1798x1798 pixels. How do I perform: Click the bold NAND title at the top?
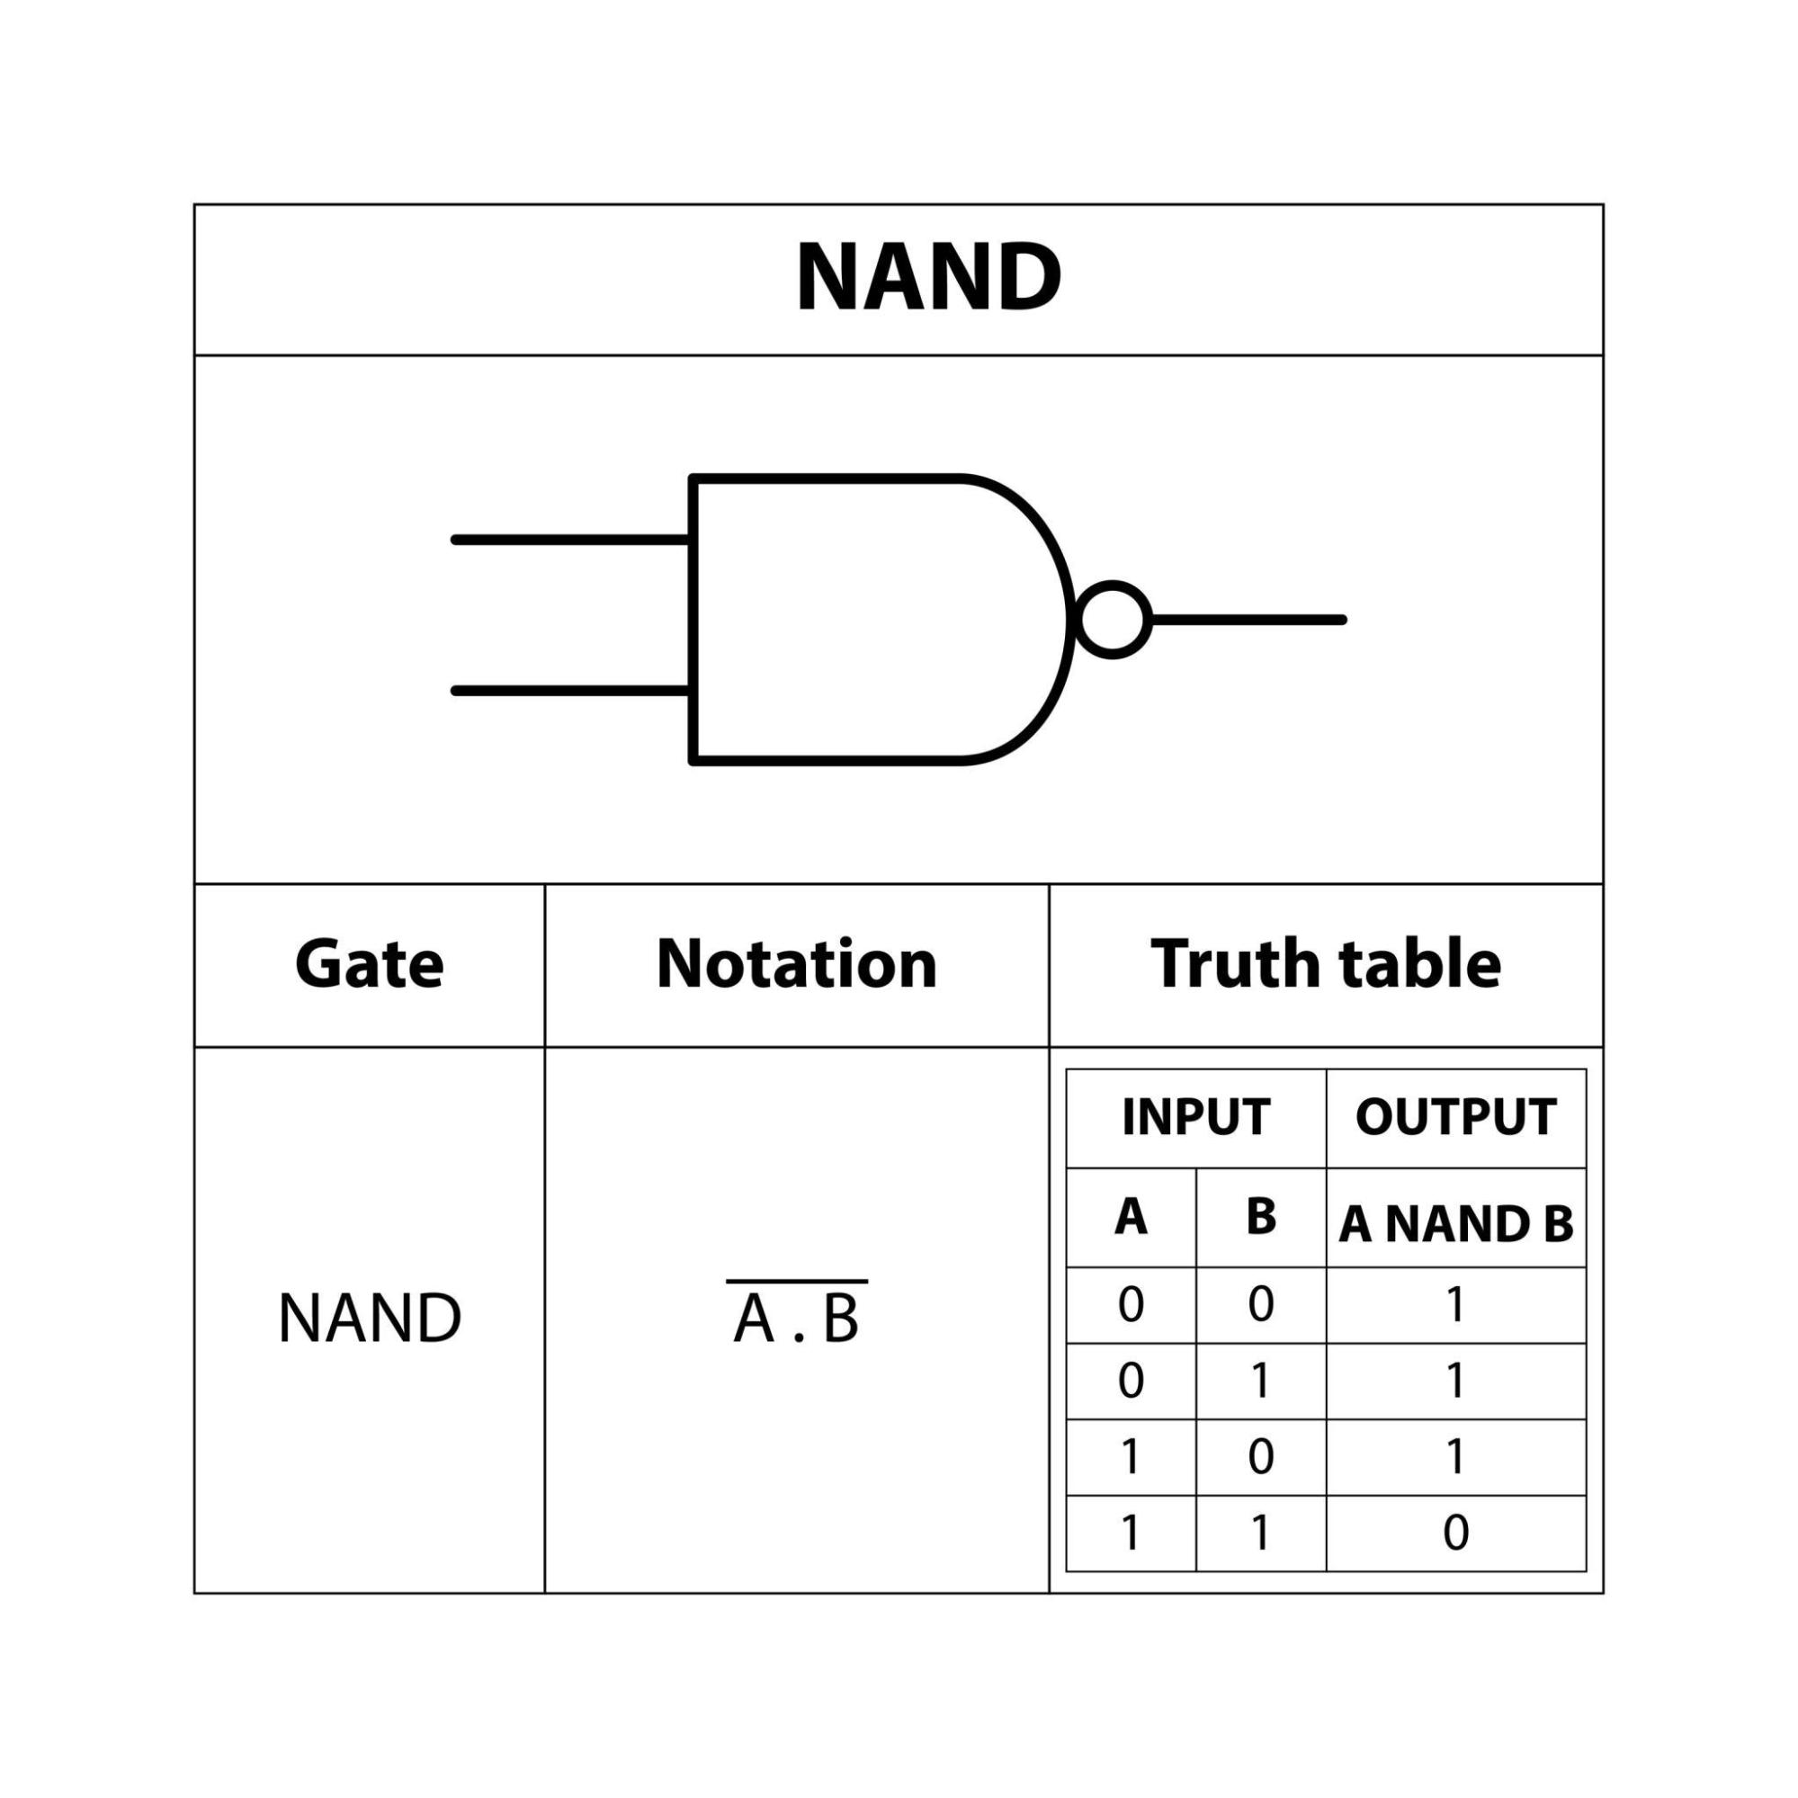pyautogui.click(x=928, y=277)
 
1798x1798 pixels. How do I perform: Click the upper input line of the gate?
pyautogui.click(x=570, y=540)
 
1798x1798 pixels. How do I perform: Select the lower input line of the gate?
pyautogui.click(x=570, y=691)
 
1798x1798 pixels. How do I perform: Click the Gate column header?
pyautogui.click(x=369, y=963)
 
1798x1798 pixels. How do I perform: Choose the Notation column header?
pyautogui.click(x=797, y=963)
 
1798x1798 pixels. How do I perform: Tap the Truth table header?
pyautogui.click(x=1325, y=963)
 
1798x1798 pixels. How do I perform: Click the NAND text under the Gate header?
pyautogui.click(x=369, y=1319)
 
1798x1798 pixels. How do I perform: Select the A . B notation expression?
pyautogui.click(x=797, y=1320)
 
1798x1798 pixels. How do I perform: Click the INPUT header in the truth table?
pyautogui.click(x=1196, y=1117)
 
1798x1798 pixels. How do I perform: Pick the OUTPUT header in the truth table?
pyautogui.click(x=1455, y=1117)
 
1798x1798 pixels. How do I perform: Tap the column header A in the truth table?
pyautogui.click(x=1131, y=1216)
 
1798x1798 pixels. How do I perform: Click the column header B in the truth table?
pyautogui.click(x=1261, y=1216)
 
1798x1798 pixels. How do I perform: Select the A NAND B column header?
pyautogui.click(x=1455, y=1224)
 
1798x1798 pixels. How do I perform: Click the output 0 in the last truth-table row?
pyautogui.click(x=1455, y=1533)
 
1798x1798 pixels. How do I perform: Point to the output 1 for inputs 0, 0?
pyautogui.click(x=1455, y=1305)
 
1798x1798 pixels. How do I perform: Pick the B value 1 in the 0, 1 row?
pyautogui.click(x=1261, y=1381)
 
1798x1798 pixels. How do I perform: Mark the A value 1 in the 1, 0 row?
pyautogui.click(x=1131, y=1457)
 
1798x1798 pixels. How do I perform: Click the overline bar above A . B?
pyautogui.click(x=797, y=1282)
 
